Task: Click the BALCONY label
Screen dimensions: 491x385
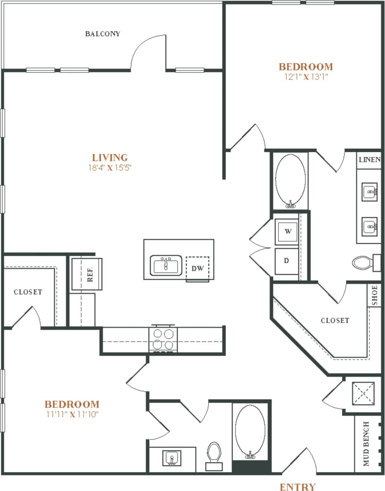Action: pos(102,34)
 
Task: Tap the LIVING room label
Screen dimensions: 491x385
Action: pos(110,157)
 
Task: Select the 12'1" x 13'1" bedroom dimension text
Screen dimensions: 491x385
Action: pos(305,77)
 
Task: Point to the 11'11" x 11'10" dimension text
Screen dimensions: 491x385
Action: pos(72,414)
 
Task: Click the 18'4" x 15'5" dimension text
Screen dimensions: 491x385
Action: pos(110,168)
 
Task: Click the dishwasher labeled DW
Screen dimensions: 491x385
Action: pos(197,269)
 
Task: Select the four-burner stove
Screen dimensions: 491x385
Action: pos(163,339)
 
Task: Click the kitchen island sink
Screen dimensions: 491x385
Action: pos(166,265)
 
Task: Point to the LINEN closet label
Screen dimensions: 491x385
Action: pos(370,160)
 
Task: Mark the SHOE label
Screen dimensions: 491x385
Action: pos(374,295)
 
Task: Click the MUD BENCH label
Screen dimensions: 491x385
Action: pos(366,444)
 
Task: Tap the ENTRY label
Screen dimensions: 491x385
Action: pos(298,486)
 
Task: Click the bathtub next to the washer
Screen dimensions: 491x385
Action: pos(290,181)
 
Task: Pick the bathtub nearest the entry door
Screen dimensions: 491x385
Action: pos(250,432)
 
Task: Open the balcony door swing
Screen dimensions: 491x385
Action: pos(148,53)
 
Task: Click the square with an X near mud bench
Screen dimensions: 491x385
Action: pos(362,393)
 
